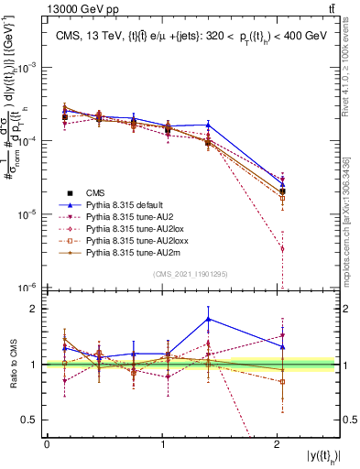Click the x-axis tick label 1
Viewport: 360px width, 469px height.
162,444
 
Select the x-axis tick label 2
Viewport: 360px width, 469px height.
278,444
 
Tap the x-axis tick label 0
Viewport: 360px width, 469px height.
47,444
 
